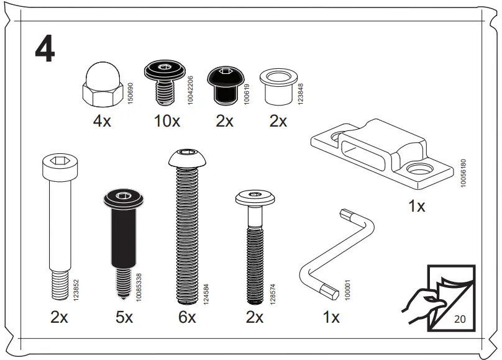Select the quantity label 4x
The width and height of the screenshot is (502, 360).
tap(101, 122)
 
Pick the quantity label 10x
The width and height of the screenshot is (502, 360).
tap(167, 122)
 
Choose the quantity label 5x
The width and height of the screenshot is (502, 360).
tap(124, 318)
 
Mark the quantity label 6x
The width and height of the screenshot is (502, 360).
tap(186, 318)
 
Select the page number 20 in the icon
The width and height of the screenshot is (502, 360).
tap(460, 320)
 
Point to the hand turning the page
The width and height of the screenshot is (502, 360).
tap(419, 301)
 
